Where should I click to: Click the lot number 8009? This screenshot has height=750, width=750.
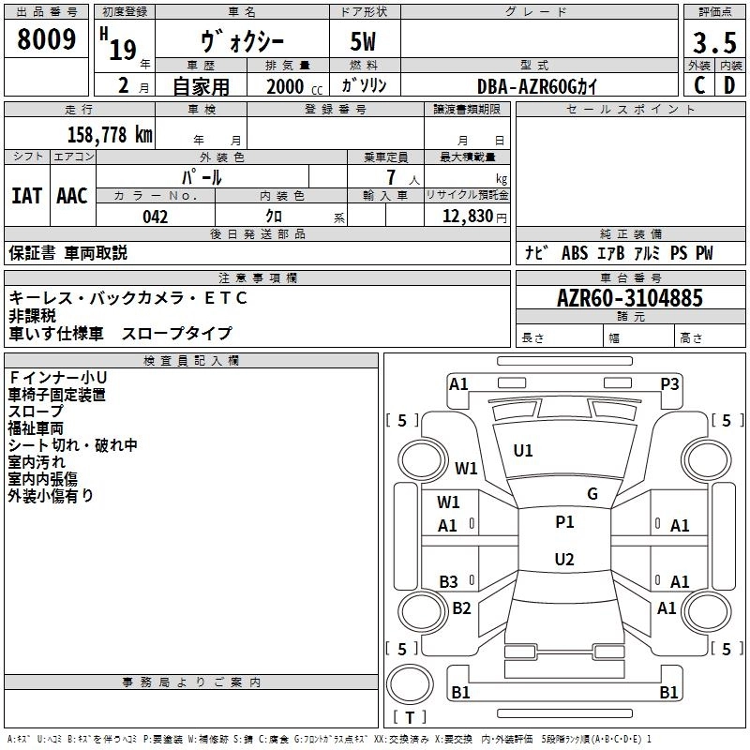[46, 39]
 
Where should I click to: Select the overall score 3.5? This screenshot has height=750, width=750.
[714, 42]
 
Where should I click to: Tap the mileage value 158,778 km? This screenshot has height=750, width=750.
[110, 134]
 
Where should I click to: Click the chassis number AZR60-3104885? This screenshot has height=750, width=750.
[630, 298]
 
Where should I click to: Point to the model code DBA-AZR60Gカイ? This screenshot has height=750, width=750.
[537, 86]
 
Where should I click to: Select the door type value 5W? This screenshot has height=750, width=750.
[363, 41]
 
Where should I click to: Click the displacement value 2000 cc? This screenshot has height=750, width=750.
[294, 86]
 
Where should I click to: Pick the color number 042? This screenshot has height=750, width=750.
[156, 217]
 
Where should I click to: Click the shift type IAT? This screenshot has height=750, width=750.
[26, 196]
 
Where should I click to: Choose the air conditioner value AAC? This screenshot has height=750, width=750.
[72, 196]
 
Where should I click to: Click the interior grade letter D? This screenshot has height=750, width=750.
[729, 85]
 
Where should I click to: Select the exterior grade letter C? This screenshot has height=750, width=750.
[699, 85]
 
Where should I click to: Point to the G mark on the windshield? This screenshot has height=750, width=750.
[592, 494]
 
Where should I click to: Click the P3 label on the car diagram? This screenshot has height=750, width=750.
[669, 384]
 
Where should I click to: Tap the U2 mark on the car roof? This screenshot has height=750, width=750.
[564, 559]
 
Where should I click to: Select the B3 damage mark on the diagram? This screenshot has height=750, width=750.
[449, 581]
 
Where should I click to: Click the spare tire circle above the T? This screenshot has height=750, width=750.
[410, 683]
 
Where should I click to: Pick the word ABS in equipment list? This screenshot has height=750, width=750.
[575, 253]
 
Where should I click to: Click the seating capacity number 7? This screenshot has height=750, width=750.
[391, 177]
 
